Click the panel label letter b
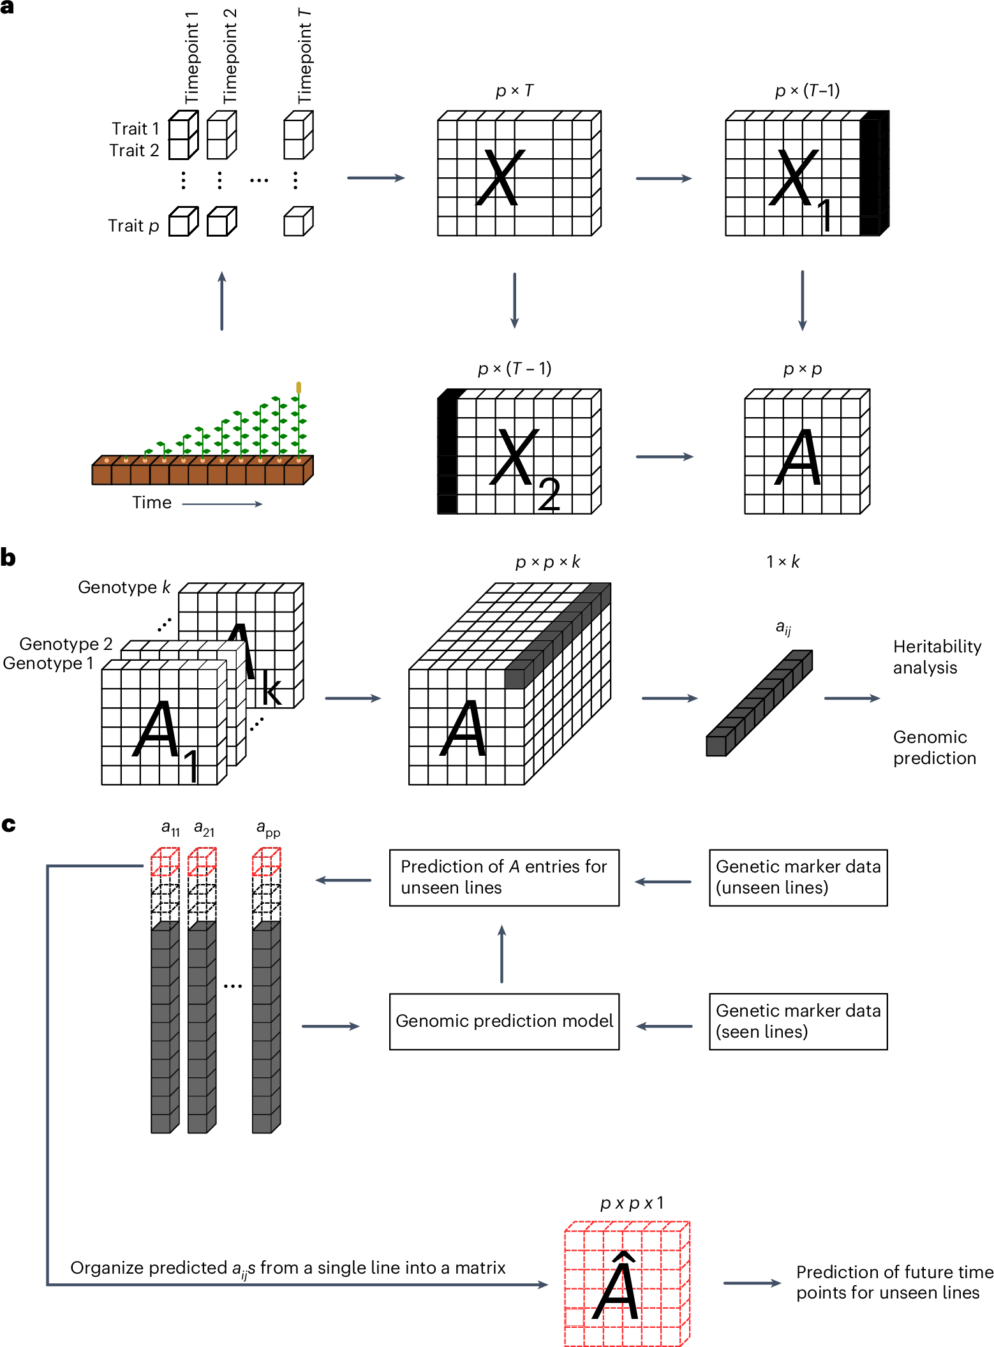click(x=8, y=557)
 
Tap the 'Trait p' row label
click(x=133, y=226)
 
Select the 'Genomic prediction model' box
click(x=504, y=1021)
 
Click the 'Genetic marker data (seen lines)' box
click(x=797, y=1021)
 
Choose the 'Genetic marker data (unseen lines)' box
click(x=797, y=877)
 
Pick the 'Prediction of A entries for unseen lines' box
click(x=504, y=877)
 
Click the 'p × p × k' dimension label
click(x=547, y=562)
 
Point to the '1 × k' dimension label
click(x=783, y=562)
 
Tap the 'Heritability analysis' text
click(x=936, y=657)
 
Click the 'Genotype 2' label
click(x=66, y=644)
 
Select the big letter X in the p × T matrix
click(x=501, y=178)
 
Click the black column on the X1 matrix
click(x=872, y=173)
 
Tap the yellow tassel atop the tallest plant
click(x=299, y=387)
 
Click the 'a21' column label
click(x=204, y=829)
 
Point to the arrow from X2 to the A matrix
click(x=664, y=457)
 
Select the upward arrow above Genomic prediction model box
click(x=502, y=954)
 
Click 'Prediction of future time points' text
click(x=894, y=1282)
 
